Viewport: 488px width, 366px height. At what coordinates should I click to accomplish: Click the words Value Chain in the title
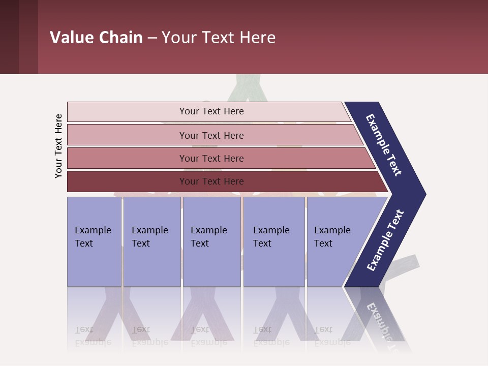point(96,38)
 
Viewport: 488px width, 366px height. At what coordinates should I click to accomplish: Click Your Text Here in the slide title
point(219,38)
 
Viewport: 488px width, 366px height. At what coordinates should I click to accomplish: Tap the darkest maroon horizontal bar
point(127,181)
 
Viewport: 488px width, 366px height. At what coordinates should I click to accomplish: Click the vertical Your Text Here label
point(58,146)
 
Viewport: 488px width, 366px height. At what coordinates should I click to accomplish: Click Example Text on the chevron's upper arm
point(384,145)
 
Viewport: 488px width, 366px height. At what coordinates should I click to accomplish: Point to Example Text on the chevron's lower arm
point(385,240)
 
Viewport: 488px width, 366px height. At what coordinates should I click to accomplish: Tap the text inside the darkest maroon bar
point(211,181)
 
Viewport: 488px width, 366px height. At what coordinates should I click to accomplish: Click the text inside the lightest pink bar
point(211,111)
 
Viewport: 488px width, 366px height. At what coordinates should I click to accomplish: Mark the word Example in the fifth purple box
point(332,230)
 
